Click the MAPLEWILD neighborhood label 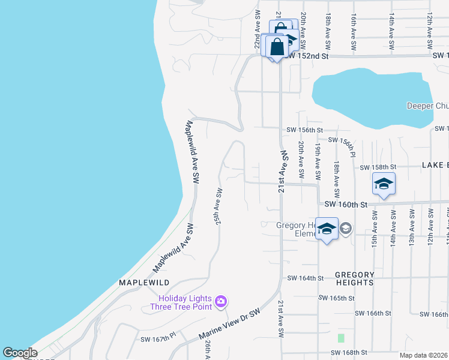tap(144, 282)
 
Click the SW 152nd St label tap(306, 56)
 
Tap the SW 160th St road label tap(345, 205)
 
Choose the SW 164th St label tap(305, 278)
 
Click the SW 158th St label tap(378, 167)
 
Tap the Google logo tap(20, 353)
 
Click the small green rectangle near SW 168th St tap(341, 338)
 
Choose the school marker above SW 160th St tap(384, 184)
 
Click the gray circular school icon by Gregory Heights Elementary tap(346, 228)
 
